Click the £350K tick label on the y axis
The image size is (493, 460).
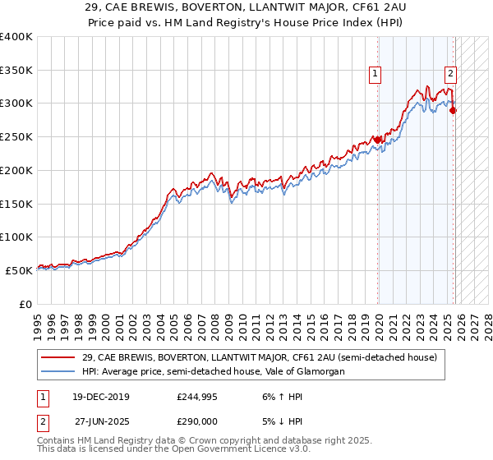point(16,70)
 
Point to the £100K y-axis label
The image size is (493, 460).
point(16,237)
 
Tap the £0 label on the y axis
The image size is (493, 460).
point(26,304)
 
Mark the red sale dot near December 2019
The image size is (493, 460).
point(378,140)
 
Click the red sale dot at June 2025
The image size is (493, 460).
point(454,110)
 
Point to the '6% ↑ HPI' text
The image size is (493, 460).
point(280,397)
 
